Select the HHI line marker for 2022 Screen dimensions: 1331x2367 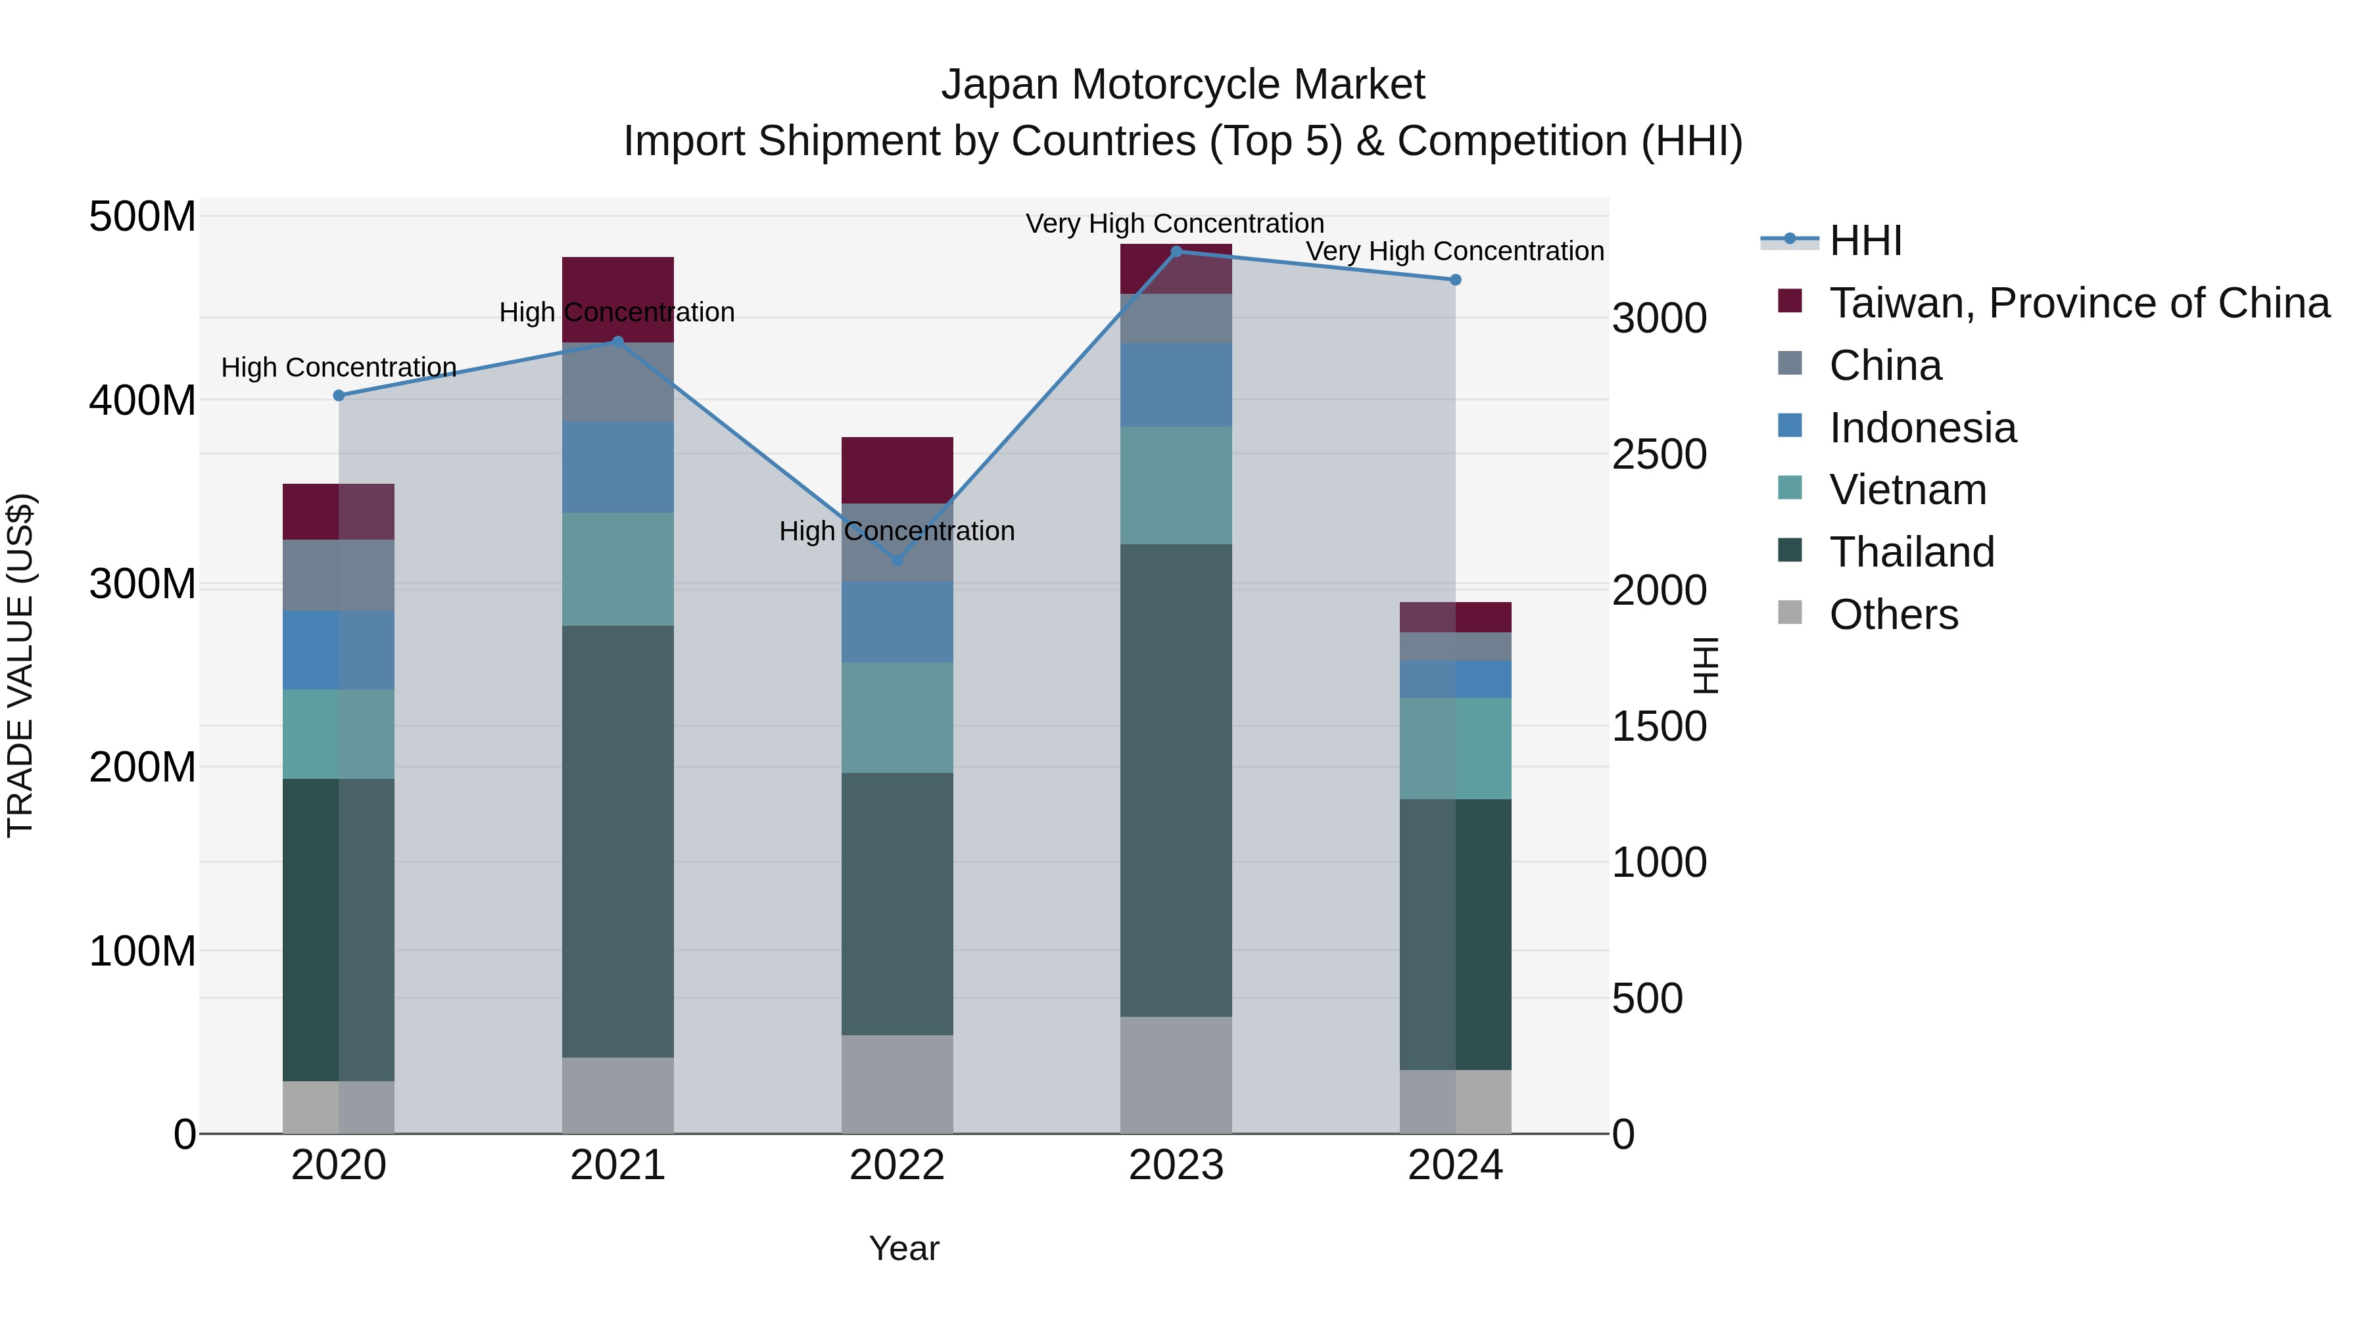pos(897,560)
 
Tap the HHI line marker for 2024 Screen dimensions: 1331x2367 pos(1456,279)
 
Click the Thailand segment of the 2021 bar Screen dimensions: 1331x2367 pos(617,841)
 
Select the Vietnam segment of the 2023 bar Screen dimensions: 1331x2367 pos(1176,485)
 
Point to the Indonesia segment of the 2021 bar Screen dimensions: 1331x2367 pos(617,467)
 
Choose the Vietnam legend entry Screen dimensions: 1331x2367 pos(1907,490)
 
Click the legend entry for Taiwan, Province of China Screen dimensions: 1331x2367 pos(2078,303)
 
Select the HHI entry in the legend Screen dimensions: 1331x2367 pos(1865,241)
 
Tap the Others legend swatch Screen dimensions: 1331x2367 pos(1790,613)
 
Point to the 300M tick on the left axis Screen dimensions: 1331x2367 pos(143,584)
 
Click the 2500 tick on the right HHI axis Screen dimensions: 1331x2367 pos(1660,455)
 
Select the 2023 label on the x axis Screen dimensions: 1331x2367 pos(1176,1165)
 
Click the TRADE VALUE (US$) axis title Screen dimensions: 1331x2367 pos(20,665)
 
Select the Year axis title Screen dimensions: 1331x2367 pos(904,1248)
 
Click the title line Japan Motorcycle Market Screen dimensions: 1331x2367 pos(1183,85)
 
